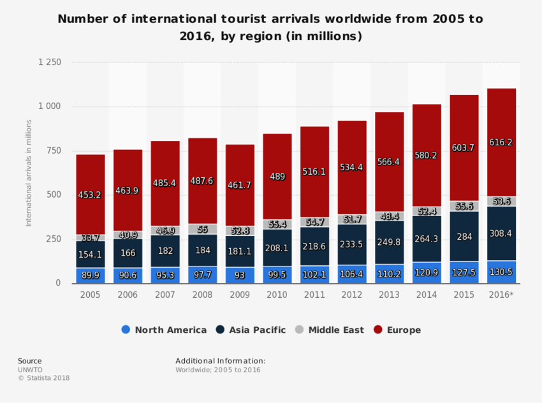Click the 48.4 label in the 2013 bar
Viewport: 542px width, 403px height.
pos(389,217)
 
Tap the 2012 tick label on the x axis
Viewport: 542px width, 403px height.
pos(352,295)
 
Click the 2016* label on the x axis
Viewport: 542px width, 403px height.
pos(501,295)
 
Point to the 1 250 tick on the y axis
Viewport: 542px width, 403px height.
pos(50,62)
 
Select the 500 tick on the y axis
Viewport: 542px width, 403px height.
pos(54,195)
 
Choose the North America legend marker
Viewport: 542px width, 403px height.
pos(126,330)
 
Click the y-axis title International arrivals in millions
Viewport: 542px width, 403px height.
pos(29,172)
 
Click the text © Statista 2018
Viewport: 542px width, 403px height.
pos(43,378)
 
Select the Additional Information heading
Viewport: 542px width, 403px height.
pos(220,361)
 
